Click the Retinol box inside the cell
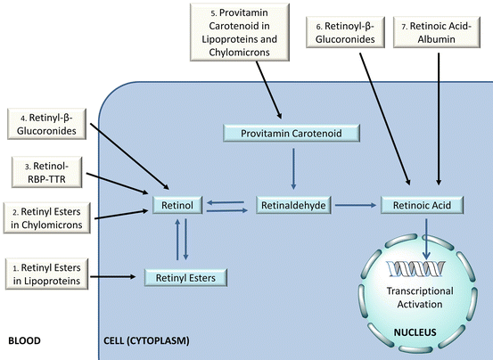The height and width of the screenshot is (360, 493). [x=177, y=205]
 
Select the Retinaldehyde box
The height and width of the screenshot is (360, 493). [x=293, y=205]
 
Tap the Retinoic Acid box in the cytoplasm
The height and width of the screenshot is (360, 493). [x=422, y=205]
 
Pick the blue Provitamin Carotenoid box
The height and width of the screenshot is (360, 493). [x=292, y=133]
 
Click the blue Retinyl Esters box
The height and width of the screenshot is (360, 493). [x=185, y=278]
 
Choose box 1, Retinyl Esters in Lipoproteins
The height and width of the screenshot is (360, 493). [x=46, y=274]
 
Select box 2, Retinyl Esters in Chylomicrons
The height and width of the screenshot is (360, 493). [x=47, y=218]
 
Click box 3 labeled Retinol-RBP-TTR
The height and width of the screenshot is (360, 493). [x=47, y=173]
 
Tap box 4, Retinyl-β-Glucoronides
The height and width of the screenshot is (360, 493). [x=46, y=124]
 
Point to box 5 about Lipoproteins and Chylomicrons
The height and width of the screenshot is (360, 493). [x=240, y=32]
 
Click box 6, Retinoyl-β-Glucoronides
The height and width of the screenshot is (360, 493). [x=345, y=32]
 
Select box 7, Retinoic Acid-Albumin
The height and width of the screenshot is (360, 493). [x=437, y=32]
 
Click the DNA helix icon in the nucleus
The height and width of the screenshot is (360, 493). [x=416, y=268]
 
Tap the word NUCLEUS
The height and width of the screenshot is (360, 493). [x=415, y=332]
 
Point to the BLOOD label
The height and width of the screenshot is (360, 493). [x=24, y=340]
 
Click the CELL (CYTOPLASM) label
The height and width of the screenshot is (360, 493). [x=146, y=340]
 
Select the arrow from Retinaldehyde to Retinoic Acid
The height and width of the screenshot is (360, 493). [x=356, y=206]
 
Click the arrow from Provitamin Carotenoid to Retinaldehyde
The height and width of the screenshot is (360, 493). [x=293, y=168]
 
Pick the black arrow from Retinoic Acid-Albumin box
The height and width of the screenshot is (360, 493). [x=439, y=119]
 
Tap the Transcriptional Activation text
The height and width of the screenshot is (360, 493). [x=420, y=298]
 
